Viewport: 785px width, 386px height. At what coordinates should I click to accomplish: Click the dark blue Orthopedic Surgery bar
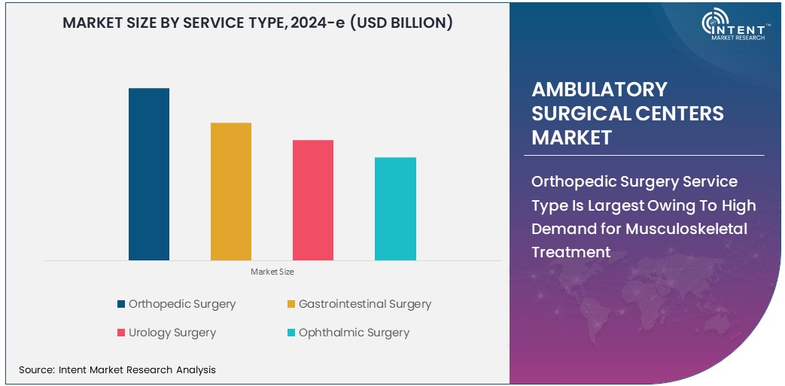click(x=149, y=174)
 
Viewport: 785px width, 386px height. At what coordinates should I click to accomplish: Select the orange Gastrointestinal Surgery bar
click(x=231, y=191)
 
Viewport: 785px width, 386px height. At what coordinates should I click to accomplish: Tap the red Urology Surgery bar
click(x=313, y=200)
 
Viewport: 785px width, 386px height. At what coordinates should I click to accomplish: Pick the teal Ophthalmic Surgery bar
click(x=395, y=208)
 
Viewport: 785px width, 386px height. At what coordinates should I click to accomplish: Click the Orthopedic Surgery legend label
click(x=182, y=304)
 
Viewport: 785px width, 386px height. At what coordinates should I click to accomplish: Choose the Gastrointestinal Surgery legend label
click(x=365, y=304)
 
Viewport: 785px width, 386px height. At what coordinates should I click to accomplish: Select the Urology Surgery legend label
click(x=172, y=333)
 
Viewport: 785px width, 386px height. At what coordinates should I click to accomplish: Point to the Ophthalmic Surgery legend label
click(x=354, y=333)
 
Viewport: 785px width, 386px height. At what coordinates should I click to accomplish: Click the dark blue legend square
click(x=121, y=305)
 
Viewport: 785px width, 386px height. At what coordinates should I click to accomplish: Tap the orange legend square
click(x=291, y=305)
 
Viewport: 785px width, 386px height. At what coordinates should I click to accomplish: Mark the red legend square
click(x=121, y=333)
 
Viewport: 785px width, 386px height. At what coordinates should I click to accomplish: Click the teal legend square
click(x=291, y=333)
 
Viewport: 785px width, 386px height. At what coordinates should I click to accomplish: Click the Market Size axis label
click(x=272, y=272)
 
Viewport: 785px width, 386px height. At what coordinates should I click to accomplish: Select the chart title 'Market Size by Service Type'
click(x=257, y=23)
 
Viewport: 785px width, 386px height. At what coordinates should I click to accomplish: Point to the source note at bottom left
click(x=117, y=369)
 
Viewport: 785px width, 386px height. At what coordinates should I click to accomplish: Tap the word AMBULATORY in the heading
click(x=600, y=90)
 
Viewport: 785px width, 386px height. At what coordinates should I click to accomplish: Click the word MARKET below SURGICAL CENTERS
click(x=572, y=138)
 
